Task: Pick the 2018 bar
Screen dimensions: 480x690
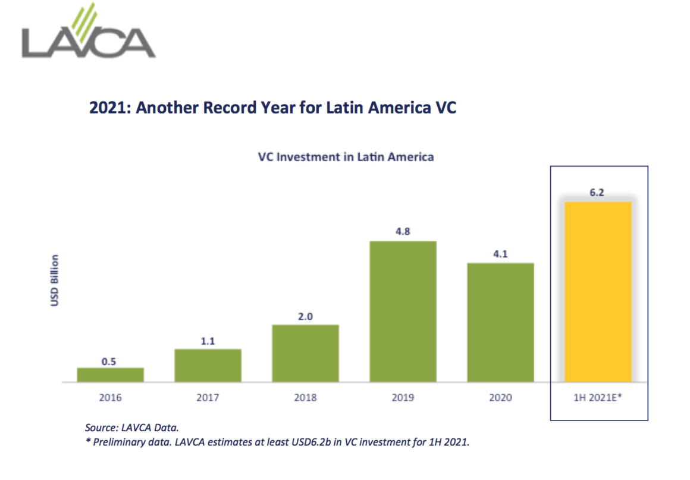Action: click(x=305, y=353)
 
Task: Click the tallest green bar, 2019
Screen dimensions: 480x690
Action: click(x=403, y=311)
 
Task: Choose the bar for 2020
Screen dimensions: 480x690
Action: click(x=500, y=322)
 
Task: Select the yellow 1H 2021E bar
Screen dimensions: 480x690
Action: click(x=598, y=291)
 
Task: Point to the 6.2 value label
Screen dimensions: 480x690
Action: click(x=598, y=193)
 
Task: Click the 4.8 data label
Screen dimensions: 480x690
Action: click(x=403, y=232)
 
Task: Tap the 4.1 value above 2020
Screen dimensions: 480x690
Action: click(x=500, y=254)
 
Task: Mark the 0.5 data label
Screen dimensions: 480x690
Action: click(x=109, y=360)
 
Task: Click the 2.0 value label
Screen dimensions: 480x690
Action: click(x=305, y=316)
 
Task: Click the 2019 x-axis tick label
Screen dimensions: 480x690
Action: click(x=403, y=397)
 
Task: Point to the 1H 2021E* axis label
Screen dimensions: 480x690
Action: click(x=598, y=397)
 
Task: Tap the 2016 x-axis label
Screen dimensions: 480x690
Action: click(x=110, y=397)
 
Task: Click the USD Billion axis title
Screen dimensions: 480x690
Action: click(x=55, y=280)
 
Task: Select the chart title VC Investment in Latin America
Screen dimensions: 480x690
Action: click(x=346, y=158)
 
